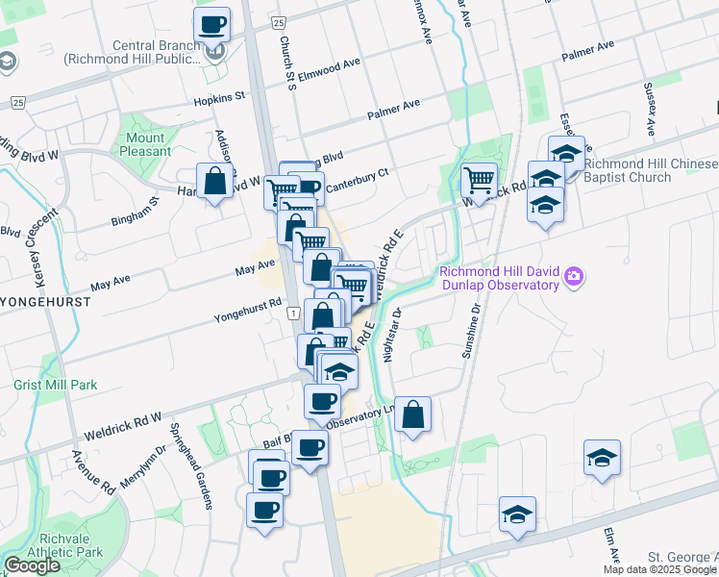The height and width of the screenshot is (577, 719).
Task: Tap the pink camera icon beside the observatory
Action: point(574,278)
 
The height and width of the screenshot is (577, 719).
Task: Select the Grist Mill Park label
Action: point(56,385)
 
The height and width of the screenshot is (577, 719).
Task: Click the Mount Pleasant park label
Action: point(145,144)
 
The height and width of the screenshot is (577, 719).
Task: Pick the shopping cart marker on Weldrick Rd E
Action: point(478,179)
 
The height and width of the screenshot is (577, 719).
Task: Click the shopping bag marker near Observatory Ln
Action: point(412,414)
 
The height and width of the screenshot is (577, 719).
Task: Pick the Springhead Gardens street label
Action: point(188,454)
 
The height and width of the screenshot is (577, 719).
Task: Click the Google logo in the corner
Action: point(32,565)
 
